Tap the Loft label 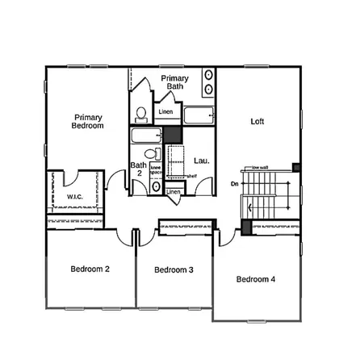[x=257, y=122]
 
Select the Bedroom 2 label [x=90, y=269]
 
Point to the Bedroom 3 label [x=174, y=269]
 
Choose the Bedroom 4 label [x=256, y=279]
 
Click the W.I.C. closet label [x=74, y=198]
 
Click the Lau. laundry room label [x=201, y=161]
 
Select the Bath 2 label [x=138, y=169]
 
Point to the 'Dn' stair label [x=235, y=185]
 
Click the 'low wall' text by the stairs [x=261, y=168]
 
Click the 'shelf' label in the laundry [x=192, y=176]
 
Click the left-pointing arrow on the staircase [x=250, y=209]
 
